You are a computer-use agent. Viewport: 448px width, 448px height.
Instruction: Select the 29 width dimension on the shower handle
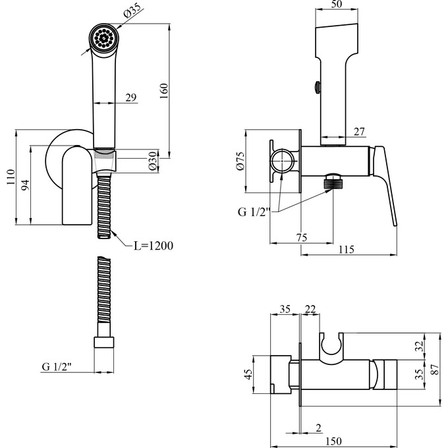130,98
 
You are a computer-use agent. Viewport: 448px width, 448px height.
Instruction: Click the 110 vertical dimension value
9,177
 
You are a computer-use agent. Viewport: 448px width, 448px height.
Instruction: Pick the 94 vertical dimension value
25,185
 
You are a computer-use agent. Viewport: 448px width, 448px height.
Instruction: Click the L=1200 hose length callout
153,246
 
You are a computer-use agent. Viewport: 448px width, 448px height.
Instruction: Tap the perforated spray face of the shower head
103,38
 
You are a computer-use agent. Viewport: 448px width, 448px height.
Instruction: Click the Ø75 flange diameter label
240,162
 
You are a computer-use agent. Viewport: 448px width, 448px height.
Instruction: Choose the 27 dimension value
358,131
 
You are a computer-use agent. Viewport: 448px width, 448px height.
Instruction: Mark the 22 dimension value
309,308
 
